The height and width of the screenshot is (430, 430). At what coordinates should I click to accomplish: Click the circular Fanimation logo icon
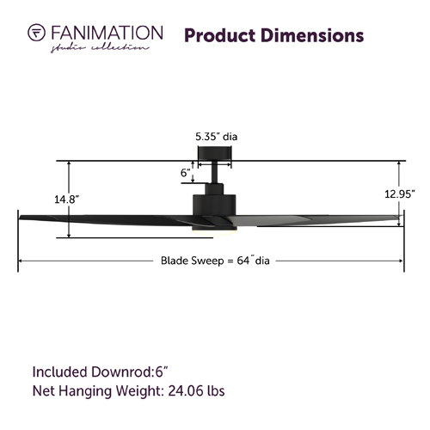[x=36, y=32]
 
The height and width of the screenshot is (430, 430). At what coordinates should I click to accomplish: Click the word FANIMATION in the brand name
[x=107, y=33]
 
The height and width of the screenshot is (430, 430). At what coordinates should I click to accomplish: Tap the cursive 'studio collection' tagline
[x=100, y=48]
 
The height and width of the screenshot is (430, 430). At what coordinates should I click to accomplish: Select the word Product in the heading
[x=220, y=35]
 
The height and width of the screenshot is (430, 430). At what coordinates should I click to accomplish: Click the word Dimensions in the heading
[x=312, y=35]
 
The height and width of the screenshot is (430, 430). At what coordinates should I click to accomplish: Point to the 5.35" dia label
[x=217, y=137]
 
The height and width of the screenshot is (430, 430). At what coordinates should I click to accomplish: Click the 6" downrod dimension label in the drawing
[x=186, y=173]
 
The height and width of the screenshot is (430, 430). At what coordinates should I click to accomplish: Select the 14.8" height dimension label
[x=67, y=199]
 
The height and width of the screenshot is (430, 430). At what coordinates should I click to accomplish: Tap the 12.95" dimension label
[x=400, y=194]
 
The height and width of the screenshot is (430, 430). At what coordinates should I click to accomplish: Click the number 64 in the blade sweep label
[x=243, y=261]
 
